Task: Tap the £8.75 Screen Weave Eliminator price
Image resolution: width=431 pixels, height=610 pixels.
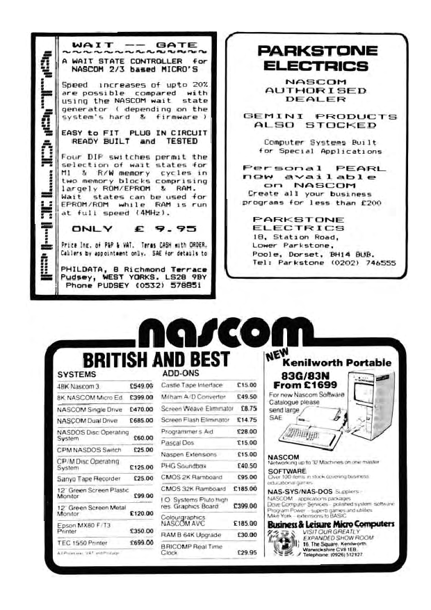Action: [x=247, y=409]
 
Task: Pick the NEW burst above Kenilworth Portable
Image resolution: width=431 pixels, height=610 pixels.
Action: [x=277, y=358]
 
